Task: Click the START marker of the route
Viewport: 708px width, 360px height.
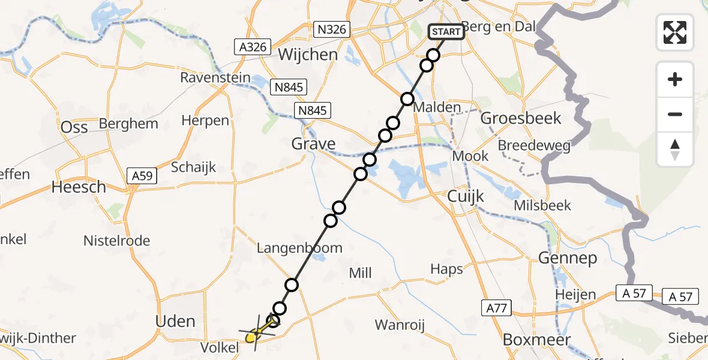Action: tap(446, 32)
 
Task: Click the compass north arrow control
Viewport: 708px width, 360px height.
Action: tap(675, 149)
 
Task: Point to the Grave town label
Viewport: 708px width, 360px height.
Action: tap(313, 144)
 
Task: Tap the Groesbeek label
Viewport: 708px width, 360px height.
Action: tap(521, 118)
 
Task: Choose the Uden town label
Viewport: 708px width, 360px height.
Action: tap(175, 321)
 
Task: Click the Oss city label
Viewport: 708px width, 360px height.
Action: tap(75, 127)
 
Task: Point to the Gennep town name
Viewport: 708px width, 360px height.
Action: tap(567, 259)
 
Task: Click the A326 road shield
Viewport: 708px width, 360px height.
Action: tap(253, 47)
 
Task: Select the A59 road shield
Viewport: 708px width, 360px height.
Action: tap(142, 176)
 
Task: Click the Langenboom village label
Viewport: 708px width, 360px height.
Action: tap(299, 248)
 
